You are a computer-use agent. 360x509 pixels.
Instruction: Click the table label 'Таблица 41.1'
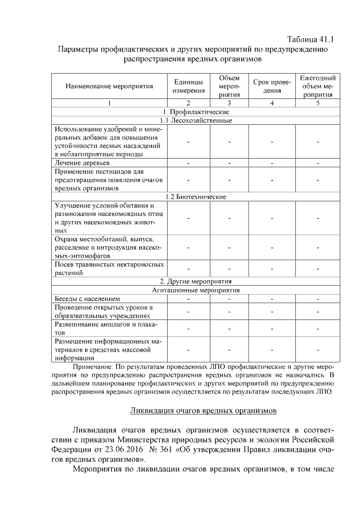point(310,39)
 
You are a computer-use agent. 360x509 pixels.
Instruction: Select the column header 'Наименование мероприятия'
point(109,87)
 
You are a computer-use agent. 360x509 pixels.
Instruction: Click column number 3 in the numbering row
point(229,103)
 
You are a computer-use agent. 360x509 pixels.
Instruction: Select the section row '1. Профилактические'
point(195,112)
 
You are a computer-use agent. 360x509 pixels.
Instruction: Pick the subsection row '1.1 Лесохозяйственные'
point(195,120)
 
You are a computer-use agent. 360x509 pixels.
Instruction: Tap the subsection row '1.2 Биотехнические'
point(195,197)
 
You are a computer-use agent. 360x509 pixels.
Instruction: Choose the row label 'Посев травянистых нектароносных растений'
point(109,268)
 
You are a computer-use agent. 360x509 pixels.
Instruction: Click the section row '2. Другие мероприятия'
point(195,281)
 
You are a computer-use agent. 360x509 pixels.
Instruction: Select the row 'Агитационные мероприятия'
point(195,290)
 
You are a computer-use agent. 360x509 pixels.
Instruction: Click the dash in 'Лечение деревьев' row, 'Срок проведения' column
point(272,163)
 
